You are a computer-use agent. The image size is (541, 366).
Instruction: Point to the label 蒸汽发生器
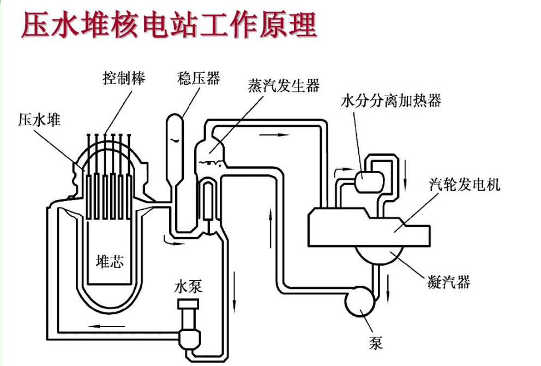[x=284, y=86]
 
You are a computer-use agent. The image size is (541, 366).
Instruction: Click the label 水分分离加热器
[x=390, y=101]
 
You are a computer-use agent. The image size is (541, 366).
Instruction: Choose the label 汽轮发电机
[x=464, y=184]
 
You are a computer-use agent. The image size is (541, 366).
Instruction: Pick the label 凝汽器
[x=449, y=282]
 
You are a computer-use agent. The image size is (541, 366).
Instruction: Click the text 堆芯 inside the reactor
[x=110, y=261]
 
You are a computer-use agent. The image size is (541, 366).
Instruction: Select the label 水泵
[x=188, y=286]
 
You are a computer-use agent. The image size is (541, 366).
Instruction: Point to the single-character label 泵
[x=376, y=343]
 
